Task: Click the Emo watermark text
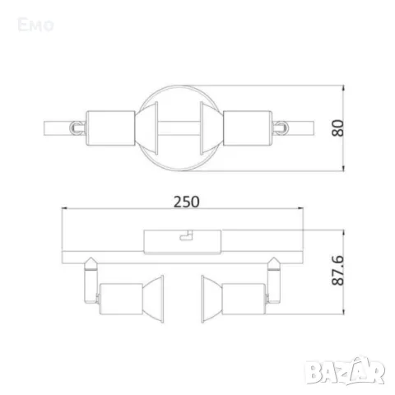tap(35, 25)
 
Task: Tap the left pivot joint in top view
tap(75, 127)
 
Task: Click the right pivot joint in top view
tap(281, 127)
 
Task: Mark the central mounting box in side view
tap(183, 239)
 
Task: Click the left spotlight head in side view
tap(123, 294)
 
